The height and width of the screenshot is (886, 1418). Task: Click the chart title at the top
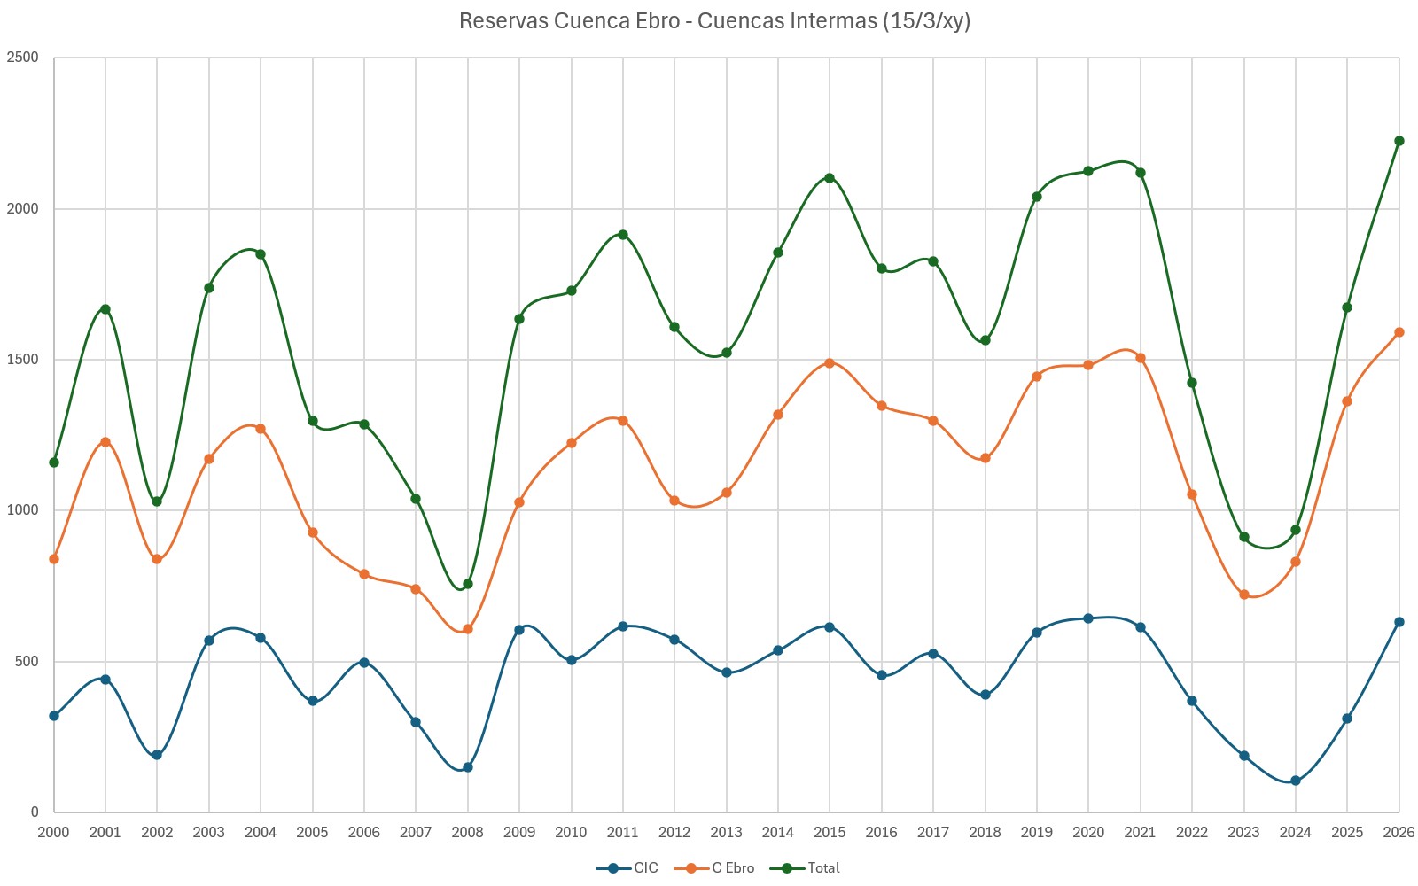[714, 21]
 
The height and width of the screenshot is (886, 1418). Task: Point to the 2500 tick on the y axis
[23, 58]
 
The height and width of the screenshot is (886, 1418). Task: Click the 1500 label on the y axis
[23, 360]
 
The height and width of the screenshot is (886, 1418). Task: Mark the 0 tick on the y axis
[35, 812]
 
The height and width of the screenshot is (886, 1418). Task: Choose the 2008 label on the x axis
[467, 833]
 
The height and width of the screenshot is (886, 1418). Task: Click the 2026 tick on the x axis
[1399, 833]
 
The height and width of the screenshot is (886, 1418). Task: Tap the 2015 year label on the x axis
[830, 833]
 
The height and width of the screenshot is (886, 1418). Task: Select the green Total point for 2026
[1399, 141]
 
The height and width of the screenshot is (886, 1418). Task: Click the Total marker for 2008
[468, 584]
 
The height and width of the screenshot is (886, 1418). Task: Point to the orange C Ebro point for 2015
[830, 363]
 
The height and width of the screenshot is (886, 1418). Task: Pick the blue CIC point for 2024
[1296, 781]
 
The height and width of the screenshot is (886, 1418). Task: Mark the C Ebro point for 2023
[1244, 595]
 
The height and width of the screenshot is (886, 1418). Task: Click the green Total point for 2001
[105, 309]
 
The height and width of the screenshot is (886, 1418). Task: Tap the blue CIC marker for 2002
[157, 755]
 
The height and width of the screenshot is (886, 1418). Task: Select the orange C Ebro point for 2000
[54, 559]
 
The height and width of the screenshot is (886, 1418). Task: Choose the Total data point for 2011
[623, 235]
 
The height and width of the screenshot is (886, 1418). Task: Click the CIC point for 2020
[1088, 618]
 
